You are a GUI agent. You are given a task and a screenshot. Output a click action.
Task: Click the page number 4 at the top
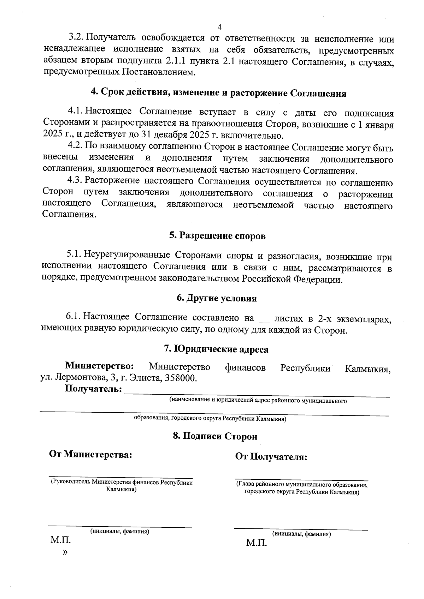(x=219, y=28)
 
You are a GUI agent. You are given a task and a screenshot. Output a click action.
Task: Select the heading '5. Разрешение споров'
(x=217, y=236)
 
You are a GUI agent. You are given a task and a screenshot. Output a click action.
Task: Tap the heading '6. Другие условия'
(x=217, y=298)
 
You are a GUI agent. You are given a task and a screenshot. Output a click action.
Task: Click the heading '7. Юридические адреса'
(x=216, y=349)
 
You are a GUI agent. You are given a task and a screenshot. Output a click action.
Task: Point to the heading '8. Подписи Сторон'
(x=215, y=436)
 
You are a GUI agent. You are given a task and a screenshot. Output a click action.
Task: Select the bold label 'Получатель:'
(x=94, y=389)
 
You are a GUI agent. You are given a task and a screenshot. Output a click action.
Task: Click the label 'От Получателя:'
(x=271, y=457)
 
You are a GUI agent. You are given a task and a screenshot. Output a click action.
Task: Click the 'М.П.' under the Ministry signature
(x=61, y=540)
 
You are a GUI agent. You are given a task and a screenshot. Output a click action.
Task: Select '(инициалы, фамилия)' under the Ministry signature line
(x=120, y=531)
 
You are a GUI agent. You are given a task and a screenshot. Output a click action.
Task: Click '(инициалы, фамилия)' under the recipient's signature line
(x=301, y=534)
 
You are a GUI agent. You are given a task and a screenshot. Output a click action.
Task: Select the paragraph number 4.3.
(x=75, y=181)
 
